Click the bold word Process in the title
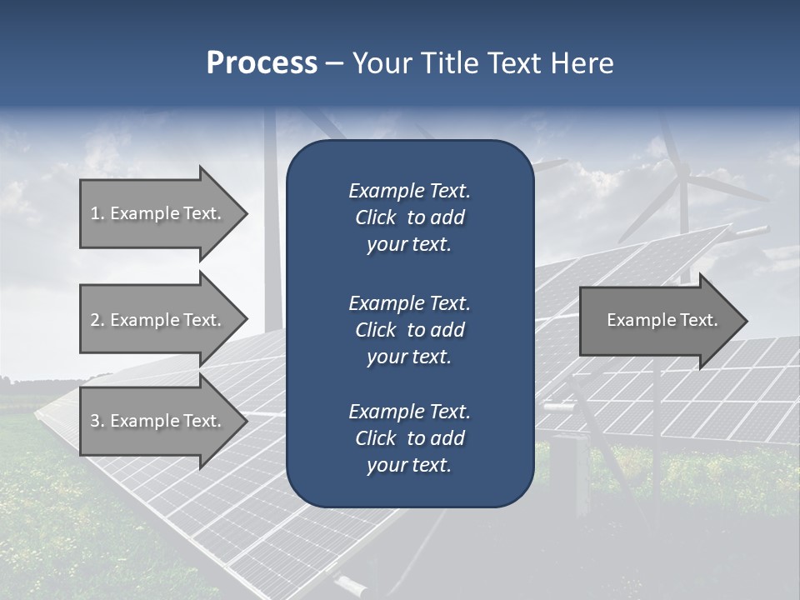[x=262, y=63]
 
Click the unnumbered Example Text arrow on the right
[x=662, y=320]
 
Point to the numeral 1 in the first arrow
[x=95, y=213]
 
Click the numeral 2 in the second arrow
[x=95, y=320]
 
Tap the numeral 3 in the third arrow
[x=95, y=421]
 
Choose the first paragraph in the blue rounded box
[x=409, y=217]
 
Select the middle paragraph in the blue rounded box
[x=409, y=330]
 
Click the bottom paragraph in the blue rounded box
[x=409, y=438]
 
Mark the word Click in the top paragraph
[x=376, y=217]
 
